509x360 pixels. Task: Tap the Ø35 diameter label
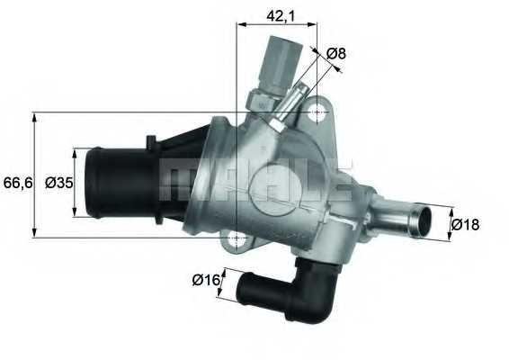58,183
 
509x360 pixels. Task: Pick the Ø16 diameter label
206,280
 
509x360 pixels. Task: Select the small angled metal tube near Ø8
288,105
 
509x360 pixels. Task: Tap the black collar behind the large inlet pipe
153,180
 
